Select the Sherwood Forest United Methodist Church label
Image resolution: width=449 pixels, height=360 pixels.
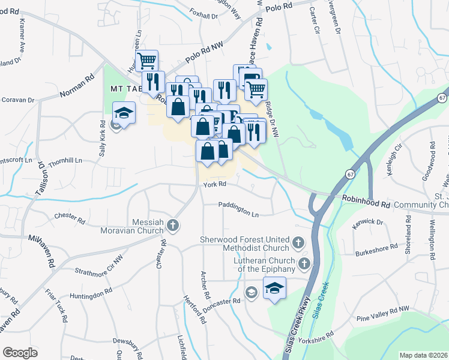pyautogui.click(x=245, y=244)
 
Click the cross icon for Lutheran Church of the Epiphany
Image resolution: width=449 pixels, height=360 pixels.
pyautogui.click(x=304, y=263)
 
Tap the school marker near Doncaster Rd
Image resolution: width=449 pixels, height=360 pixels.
pyautogui.click(x=274, y=288)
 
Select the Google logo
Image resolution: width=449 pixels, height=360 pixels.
pyautogui.click(x=20, y=353)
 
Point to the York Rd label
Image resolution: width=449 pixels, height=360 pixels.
pyautogui.click(x=214, y=184)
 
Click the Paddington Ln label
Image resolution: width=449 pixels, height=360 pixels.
pyautogui.click(x=239, y=214)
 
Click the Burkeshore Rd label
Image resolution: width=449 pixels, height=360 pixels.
pyautogui.click(x=376, y=247)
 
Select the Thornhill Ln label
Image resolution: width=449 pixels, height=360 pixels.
pyautogui.click(x=65, y=161)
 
